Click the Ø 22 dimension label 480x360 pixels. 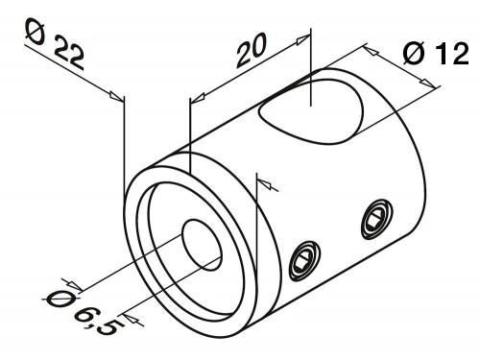(55, 44)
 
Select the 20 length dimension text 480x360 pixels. (252, 50)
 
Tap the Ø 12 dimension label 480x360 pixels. (435, 54)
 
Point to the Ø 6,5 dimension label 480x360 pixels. (80, 313)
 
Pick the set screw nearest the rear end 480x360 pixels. (377, 219)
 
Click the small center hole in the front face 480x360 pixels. (202, 245)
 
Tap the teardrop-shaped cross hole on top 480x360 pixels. (311, 110)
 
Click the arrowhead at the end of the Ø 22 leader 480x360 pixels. (116, 96)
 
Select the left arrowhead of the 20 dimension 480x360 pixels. (197, 97)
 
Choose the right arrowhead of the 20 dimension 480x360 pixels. (303, 39)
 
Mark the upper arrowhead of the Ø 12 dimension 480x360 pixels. (371, 51)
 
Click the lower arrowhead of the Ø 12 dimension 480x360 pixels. (427, 83)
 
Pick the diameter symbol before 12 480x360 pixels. (414, 54)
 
